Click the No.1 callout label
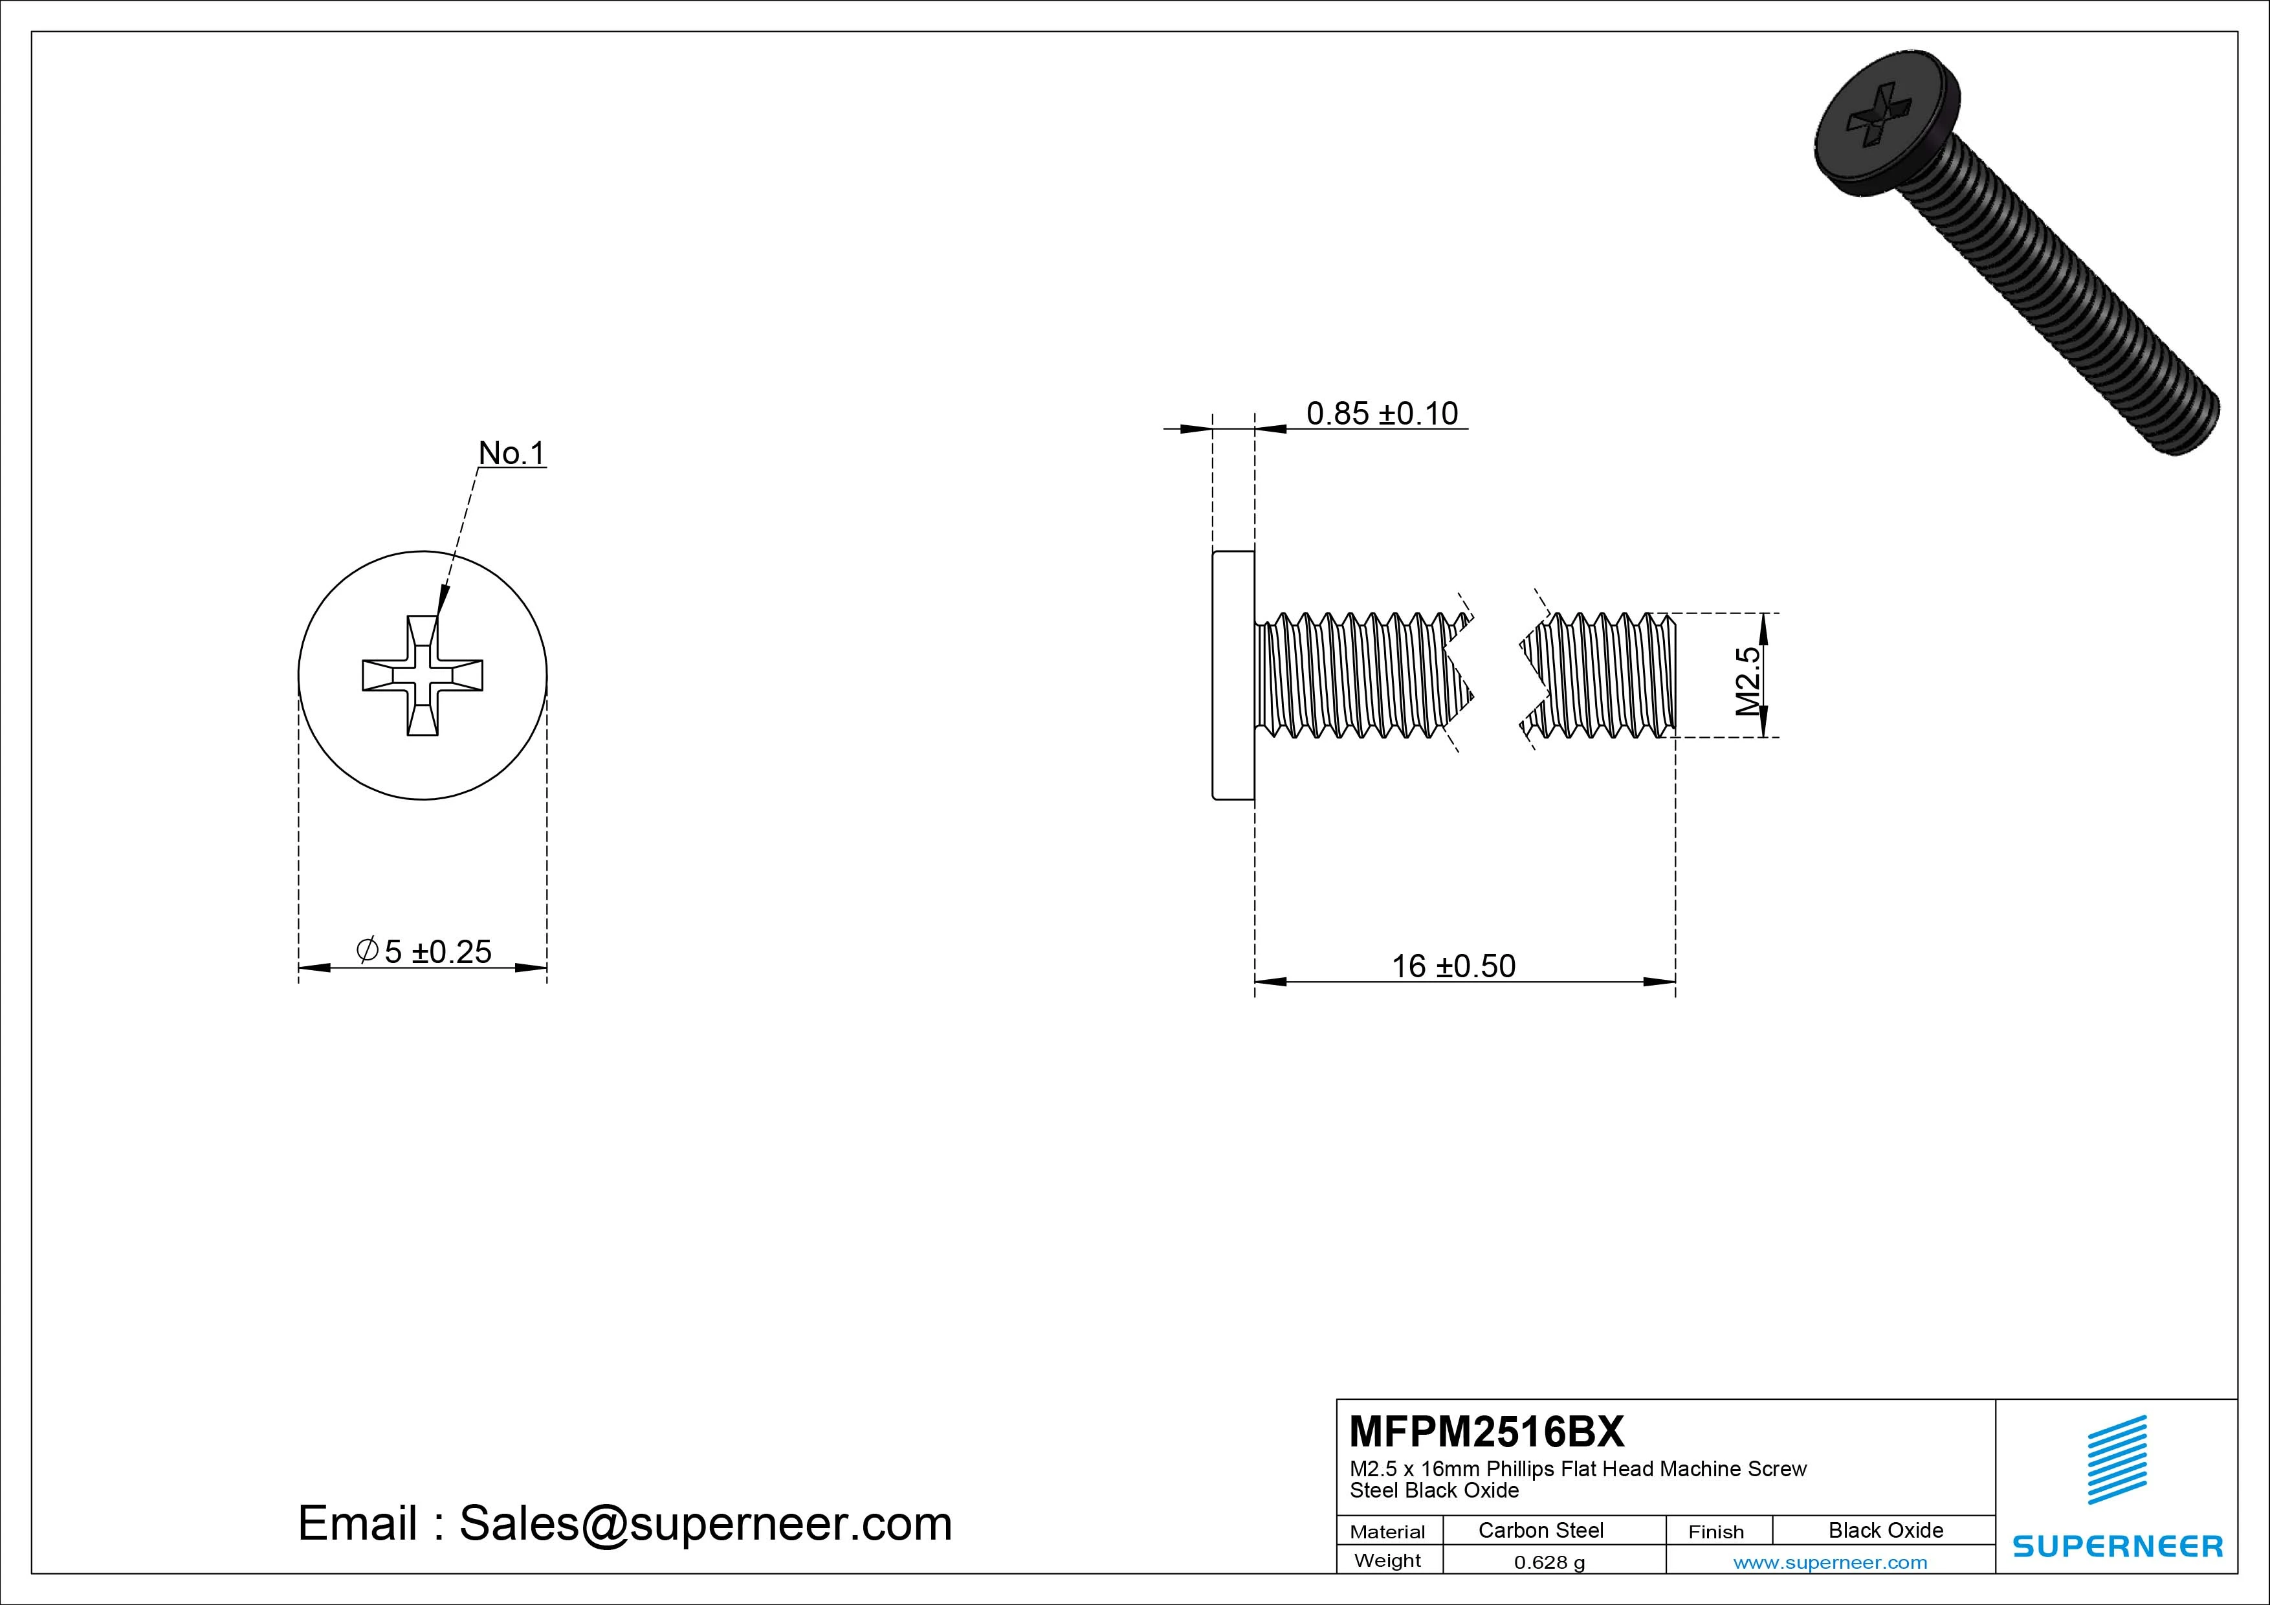[x=511, y=453]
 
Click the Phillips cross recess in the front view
[x=423, y=676]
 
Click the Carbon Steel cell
[x=1540, y=1531]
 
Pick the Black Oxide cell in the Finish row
[x=1886, y=1531]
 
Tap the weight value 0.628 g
[x=1549, y=1562]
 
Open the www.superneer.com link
[x=1830, y=1562]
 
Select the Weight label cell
[x=1387, y=1560]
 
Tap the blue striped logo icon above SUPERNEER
[x=2117, y=1459]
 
